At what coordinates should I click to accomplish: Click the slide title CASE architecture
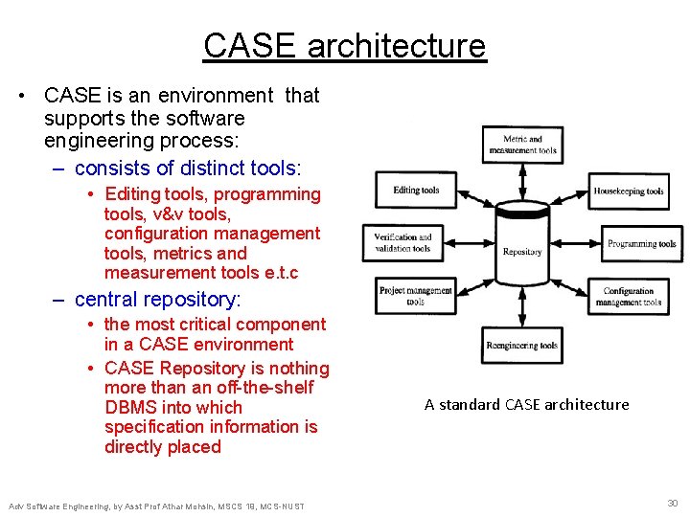pos(345,46)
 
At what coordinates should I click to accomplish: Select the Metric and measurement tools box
pos(522,145)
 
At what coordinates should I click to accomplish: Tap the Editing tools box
pos(416,191)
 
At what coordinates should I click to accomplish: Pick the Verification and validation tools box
pos(402,242)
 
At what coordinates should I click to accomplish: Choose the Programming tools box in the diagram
pos(641,243)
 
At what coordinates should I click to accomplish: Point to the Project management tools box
pos(415,296)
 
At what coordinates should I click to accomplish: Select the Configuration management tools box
pos(629,296)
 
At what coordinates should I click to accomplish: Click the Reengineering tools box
pos(522,346)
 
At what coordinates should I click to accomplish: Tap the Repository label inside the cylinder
pos(522,252)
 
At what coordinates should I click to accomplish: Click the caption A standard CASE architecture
pos(526,404)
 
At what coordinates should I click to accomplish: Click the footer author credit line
pos(156,506)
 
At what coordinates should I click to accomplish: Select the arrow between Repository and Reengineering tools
pos(522,315)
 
